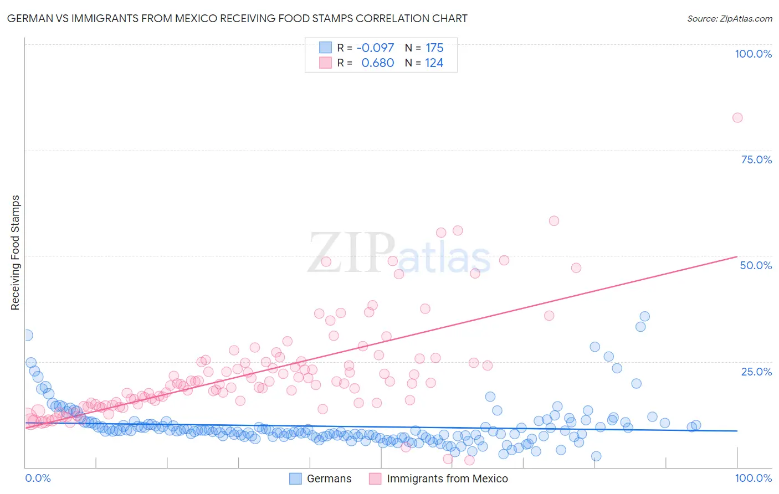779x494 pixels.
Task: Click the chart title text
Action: click(x=237, y=18)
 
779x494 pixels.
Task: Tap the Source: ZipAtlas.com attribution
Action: click(x=729, y=18)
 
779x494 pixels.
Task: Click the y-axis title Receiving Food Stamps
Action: click(x=15, y=252)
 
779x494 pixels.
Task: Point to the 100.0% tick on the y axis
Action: click(x=753, y=54)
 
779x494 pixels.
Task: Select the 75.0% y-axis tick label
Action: click(x=756, y=159)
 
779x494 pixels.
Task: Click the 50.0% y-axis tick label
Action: click(x=756, y=265)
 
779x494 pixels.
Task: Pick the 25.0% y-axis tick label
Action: click(x=756, y=371)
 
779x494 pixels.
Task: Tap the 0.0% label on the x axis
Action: click(x=38, y=478)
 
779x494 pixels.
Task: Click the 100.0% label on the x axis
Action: click(x=753, y=478)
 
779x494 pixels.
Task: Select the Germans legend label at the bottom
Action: click(x=329, y=478)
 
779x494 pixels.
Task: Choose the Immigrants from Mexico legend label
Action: click(x=447, y=478)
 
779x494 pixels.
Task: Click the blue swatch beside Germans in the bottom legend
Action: click(x=296, y=478)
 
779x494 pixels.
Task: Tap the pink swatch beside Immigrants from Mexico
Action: click(x=375, y=478)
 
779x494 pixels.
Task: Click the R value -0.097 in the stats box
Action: click(x=375, y=48)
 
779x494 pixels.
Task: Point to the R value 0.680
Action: click(x=377, y=63)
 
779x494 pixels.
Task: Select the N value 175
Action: click(x=434, y=48)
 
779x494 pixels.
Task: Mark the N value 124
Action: click(x=434, y=63)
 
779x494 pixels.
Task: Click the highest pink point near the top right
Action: click(x=737, y=117)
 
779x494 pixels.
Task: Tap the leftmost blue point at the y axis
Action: click(x=27, y=335)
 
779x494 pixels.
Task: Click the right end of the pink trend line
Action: click(x=737, y=256)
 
